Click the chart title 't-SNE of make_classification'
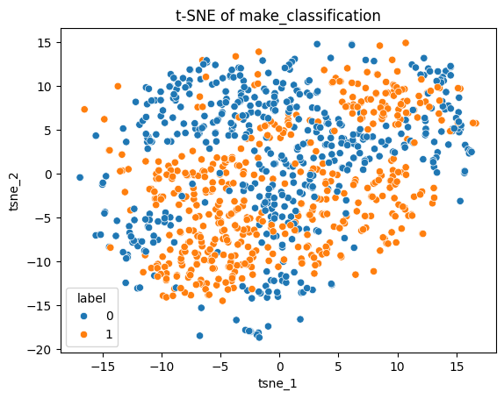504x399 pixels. [279, 15]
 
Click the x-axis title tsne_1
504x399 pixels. [279, 384]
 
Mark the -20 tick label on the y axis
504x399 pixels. [41, 349]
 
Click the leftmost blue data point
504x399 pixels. [80, 177]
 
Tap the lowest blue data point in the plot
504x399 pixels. [199, 336]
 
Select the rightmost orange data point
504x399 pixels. [475, 123]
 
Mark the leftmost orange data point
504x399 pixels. [84, 110]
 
